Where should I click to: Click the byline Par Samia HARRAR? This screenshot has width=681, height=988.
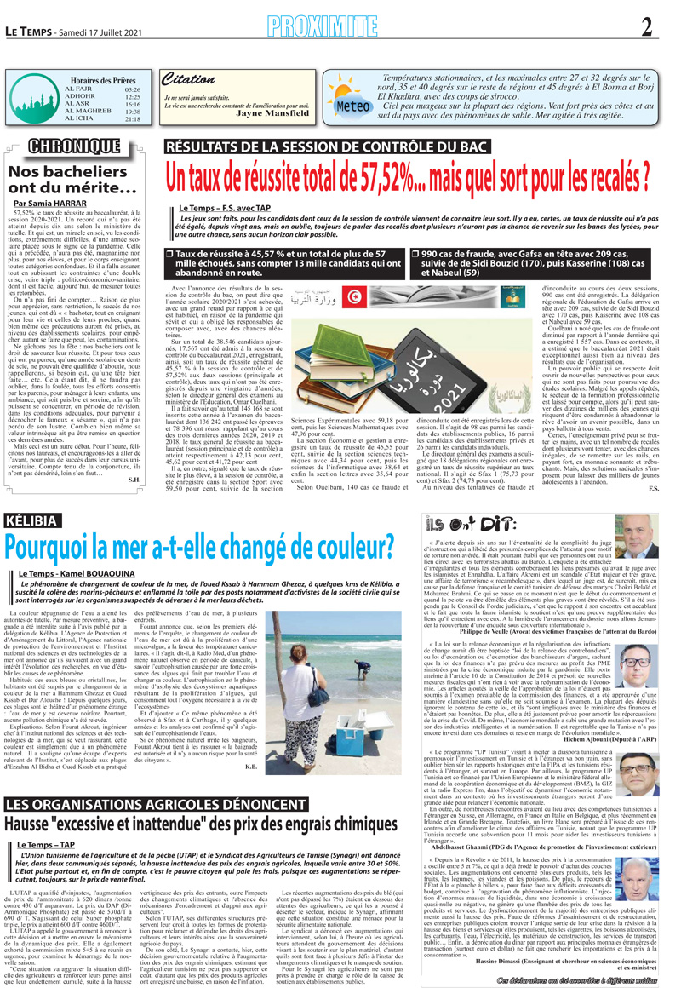pyautogui.click(x=49, y=204)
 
